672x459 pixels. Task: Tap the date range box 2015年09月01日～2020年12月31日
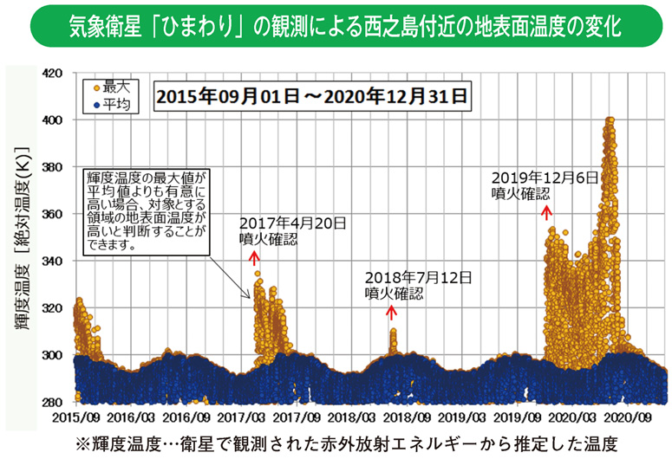pyautogui.click(x=311, y=94)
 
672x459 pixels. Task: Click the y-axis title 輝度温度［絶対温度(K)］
pyautogui.click(x=21, y=238)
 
